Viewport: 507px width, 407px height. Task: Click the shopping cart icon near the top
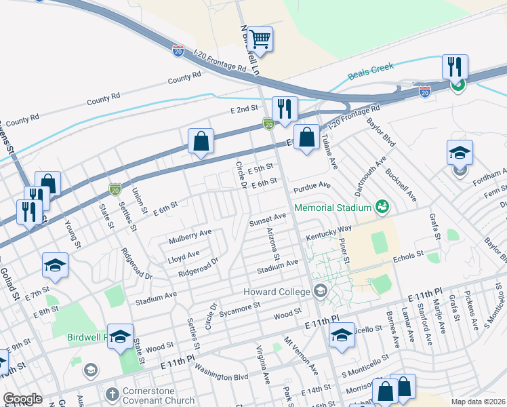coord(260,39)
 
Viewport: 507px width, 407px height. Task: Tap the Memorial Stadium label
coord(332,207)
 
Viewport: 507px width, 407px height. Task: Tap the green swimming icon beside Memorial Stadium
coord(382,206)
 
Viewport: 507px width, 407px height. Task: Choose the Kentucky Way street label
coord(329,233)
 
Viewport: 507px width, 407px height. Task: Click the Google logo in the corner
coord(22,399)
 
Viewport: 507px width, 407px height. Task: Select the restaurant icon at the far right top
coord(455,66)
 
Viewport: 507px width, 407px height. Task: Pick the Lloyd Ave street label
coord(184,255)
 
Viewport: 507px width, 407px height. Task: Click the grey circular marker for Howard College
coord(320,292)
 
